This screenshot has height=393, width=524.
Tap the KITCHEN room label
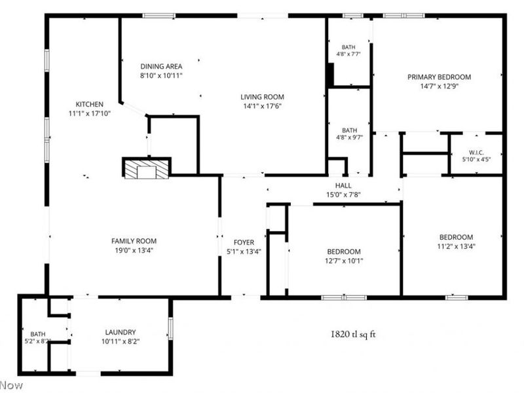89,104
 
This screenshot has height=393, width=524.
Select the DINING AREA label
161,67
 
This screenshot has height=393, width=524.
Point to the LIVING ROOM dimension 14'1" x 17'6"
263,106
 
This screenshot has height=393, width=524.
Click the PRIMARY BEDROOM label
439,77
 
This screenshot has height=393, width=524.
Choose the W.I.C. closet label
476,153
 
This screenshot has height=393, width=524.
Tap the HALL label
343,186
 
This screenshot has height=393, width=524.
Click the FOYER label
244,242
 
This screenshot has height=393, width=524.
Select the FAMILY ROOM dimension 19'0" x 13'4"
134,250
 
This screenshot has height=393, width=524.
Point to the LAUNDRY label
121,332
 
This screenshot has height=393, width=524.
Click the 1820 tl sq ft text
353,334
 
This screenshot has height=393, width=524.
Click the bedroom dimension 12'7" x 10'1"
344,261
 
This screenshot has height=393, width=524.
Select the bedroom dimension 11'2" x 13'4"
456,247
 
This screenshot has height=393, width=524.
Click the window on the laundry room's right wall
170,328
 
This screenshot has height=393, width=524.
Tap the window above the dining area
159,15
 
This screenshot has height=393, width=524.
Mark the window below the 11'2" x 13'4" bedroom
457,297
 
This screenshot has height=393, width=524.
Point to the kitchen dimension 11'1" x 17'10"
90,113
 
